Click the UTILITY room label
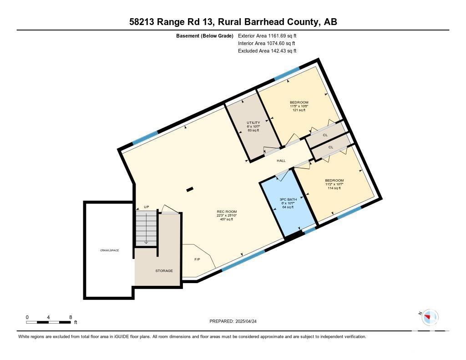coord(253,122)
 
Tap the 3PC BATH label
coord(288,199)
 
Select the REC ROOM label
coord(227,212)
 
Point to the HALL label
coord(281,161)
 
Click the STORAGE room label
coord(164,271)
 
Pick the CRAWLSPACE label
coord(109,250)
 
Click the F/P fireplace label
coord(197,259)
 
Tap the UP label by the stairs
coord(146,207)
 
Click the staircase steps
coord(146,228)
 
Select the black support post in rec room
coord(190,189)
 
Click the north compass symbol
coord(430,317)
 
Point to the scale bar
coord(48,322)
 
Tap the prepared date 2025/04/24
coord(246,321)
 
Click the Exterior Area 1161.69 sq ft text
coord(267,35)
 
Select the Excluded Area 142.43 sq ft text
coord(267,51)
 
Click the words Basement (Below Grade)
coord(205,36)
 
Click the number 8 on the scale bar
coord(71,317)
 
